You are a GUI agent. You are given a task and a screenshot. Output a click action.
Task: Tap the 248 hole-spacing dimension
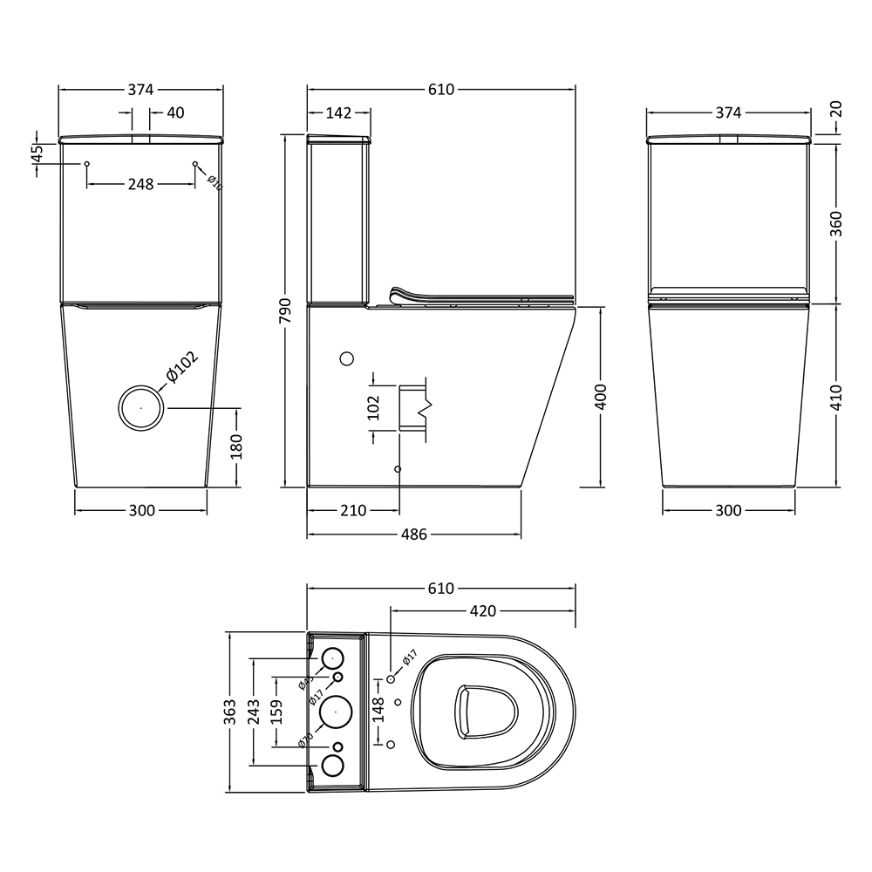[140, 184]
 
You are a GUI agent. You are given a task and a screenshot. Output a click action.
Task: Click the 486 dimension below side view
[413, 534]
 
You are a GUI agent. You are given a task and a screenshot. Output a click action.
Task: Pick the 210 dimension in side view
[352, 511]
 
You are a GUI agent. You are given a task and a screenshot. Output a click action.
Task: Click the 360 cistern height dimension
[836, 223]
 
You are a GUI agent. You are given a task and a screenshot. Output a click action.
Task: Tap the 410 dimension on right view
[836, 397]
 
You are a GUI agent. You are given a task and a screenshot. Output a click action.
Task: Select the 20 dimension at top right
[836, 108]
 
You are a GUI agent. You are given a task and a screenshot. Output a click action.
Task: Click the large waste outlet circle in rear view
[140, 408]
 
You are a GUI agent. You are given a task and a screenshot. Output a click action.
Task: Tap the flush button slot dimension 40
[175, 112]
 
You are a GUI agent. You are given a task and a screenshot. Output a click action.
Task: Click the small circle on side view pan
[346, 358]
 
